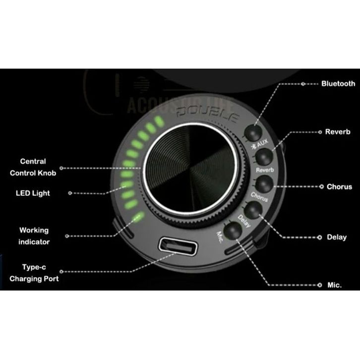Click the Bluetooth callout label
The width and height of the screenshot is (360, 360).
click(338, 84)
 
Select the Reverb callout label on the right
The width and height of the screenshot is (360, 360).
click(338, 132)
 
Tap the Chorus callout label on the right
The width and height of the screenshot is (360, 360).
click(339, 187)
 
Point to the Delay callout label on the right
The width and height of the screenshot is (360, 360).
click(337, 238)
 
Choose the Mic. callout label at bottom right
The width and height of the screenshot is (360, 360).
click(334, 286)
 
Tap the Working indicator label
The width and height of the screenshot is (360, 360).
click(34, 236)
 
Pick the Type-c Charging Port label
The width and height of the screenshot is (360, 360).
click(34, 273)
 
